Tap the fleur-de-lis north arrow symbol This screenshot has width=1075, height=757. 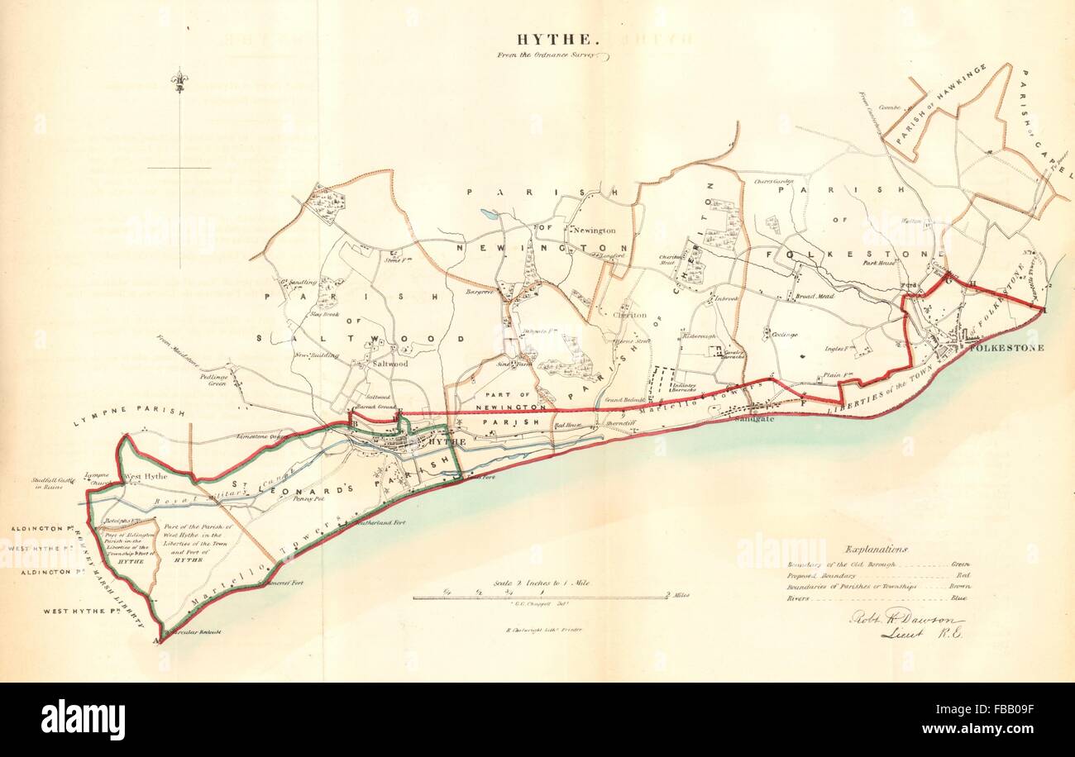179,80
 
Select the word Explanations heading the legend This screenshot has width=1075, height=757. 876,549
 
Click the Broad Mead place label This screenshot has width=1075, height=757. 815,296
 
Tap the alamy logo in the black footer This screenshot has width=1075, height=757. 83,719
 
